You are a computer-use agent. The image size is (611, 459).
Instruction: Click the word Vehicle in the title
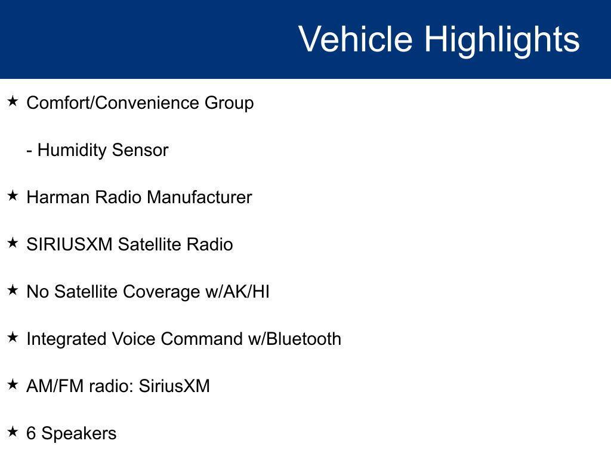pos(356,38)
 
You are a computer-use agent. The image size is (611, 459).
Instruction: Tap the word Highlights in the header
pos(502,40)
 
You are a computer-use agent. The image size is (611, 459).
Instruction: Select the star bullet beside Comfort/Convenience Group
pos(13,102)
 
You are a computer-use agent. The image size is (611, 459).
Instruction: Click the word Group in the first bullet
pos(229,103)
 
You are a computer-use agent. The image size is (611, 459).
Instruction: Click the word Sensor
pos(140,150)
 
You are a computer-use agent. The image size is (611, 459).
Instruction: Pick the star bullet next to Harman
pos(13,195)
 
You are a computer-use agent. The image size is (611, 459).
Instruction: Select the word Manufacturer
pos(199,197)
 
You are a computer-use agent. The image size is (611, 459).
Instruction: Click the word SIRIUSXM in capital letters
pos(69,244)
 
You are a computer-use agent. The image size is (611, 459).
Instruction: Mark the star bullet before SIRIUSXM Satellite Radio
pos(13,243)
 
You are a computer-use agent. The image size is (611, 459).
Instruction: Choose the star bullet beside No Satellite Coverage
pos(13,290)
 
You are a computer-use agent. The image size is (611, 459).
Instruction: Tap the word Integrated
pos(66,339)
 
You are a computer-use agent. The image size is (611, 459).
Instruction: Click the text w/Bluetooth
pos(295,339)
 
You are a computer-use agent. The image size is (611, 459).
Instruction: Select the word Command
pos(202,339)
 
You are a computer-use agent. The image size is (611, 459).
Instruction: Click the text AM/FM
pos(55,386)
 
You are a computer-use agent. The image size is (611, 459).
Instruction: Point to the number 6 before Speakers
pos(31,433)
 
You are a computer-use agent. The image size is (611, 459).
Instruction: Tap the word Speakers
pos(79,434)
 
